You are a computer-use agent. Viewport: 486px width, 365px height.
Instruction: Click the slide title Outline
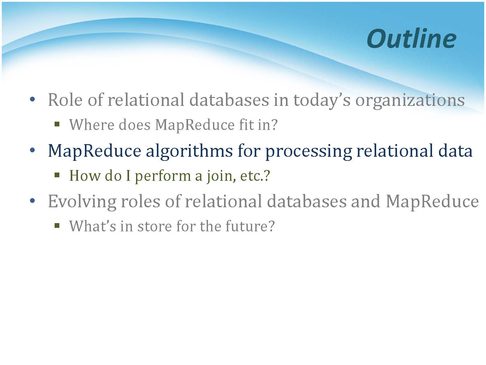(412, 39)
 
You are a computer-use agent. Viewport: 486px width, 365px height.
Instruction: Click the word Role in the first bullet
(65, 100)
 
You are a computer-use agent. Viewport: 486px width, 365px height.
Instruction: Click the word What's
(92, 226)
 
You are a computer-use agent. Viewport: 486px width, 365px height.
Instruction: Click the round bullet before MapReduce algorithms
(33, 150)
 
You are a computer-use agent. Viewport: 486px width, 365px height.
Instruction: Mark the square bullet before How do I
(57, 175)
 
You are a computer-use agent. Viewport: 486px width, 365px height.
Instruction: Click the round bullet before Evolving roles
(33, 201)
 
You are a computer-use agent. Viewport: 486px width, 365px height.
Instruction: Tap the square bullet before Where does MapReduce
(57, 124)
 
